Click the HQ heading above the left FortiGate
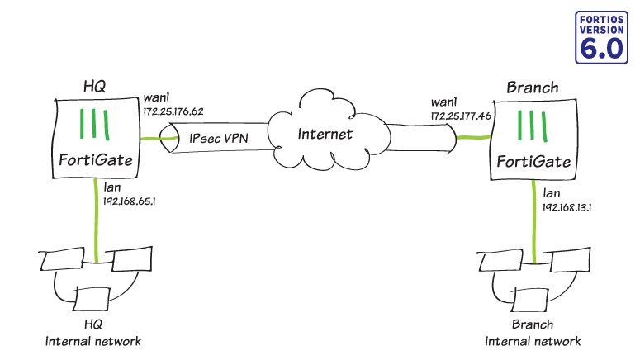96,86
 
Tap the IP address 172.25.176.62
173,111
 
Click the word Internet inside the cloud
325,134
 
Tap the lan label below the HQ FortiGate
115,187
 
